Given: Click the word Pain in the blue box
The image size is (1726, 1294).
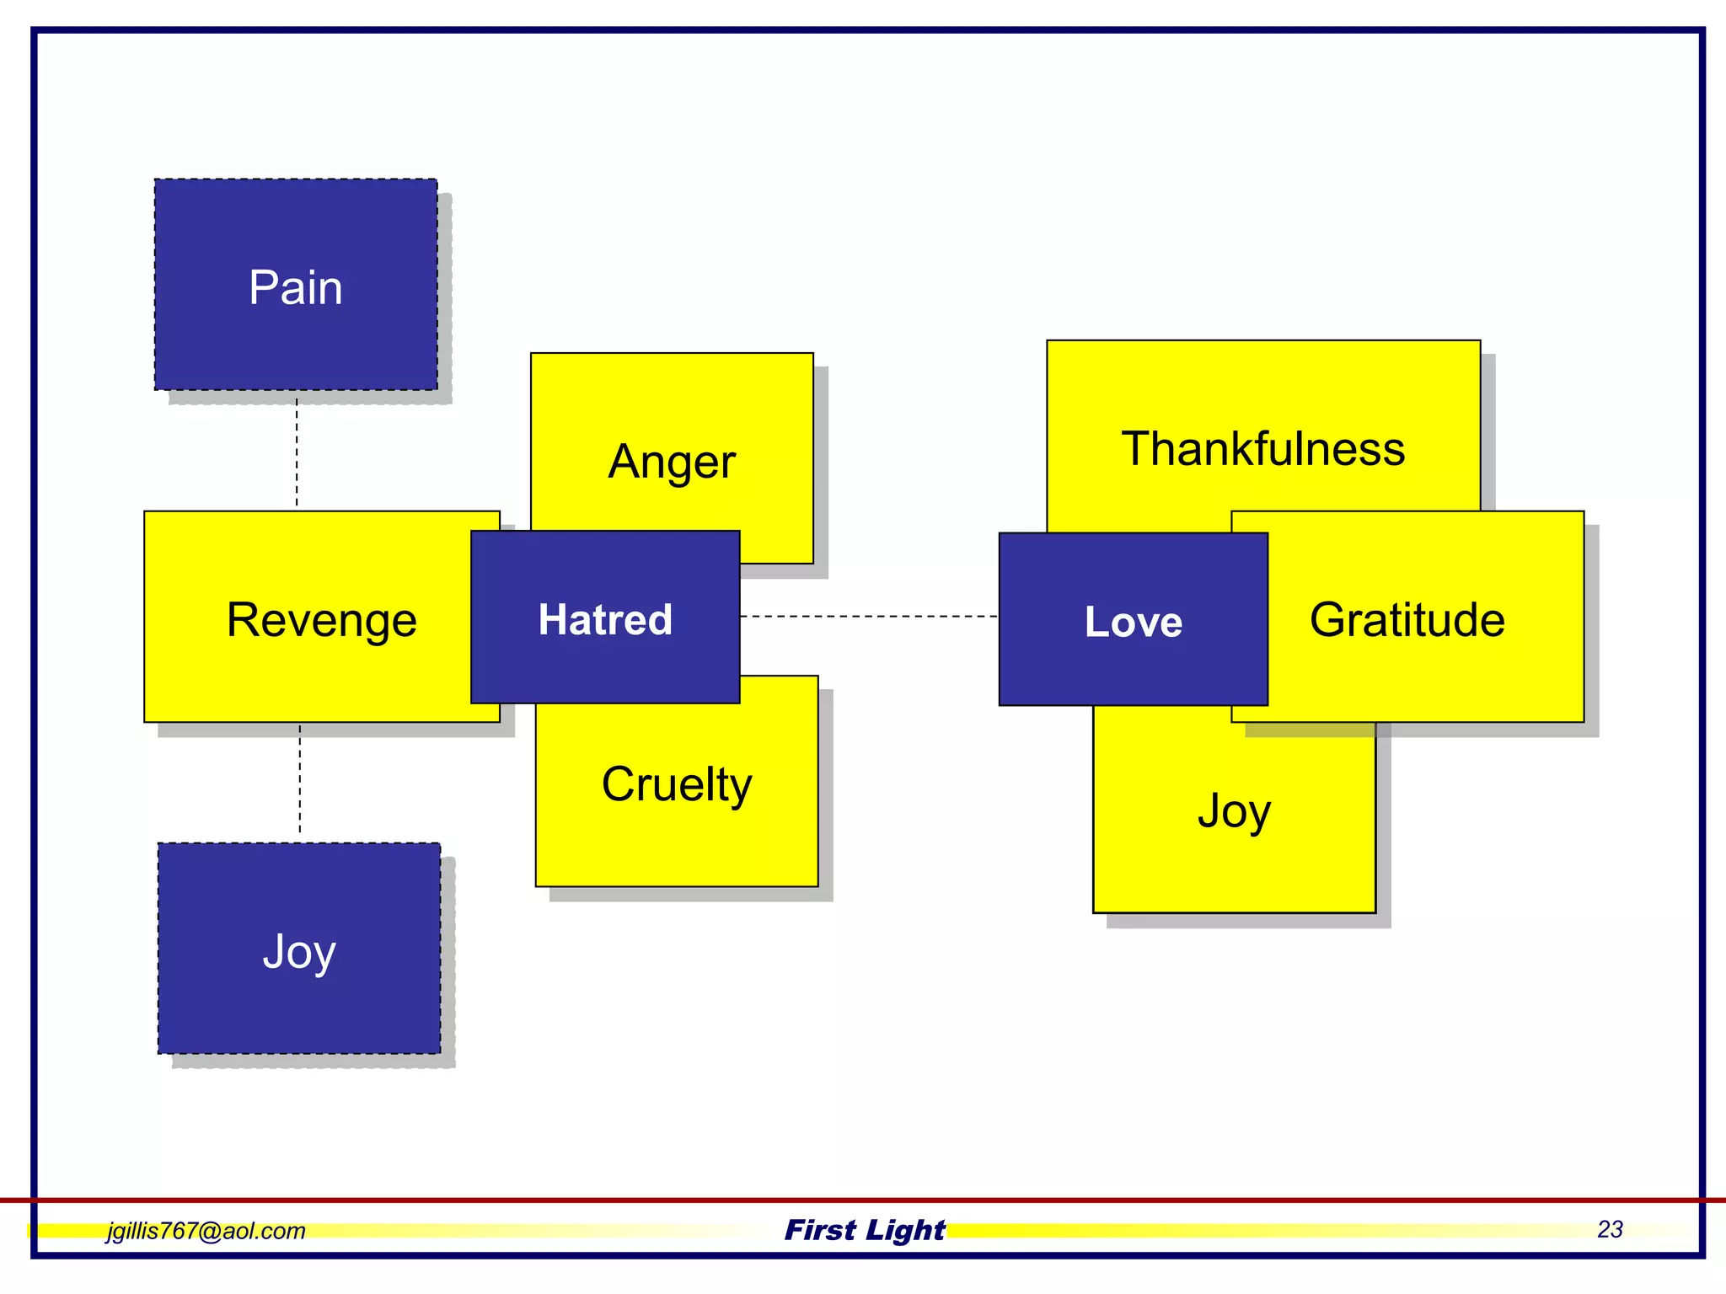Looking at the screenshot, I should [296, 287].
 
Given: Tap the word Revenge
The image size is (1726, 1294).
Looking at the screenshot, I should [321, 620].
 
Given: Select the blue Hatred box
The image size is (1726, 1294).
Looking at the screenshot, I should [605, 666].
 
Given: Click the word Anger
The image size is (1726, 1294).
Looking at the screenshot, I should [672, 462].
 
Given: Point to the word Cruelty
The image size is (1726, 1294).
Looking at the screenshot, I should [677, 784].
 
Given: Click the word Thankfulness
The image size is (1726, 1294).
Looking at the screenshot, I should [1263, 448].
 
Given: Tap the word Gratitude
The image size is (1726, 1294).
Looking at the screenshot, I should [1407, 620].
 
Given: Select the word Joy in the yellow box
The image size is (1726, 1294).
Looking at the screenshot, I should [1234, 811].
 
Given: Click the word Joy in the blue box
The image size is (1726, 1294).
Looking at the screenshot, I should [299, 952].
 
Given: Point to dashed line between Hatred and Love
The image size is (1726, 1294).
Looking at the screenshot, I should [868, 617].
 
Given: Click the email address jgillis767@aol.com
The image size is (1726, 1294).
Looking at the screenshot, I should [206, 1231].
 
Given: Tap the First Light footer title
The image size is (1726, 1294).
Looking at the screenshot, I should [865, 1230].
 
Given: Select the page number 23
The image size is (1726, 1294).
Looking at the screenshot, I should [1610, 1229].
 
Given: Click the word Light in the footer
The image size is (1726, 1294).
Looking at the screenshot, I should [904, 1230].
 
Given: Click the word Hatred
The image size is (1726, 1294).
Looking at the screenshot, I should [605, 620].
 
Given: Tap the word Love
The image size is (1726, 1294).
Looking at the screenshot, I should [1133, 622].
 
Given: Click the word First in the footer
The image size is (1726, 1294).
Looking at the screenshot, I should [820, 1230].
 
